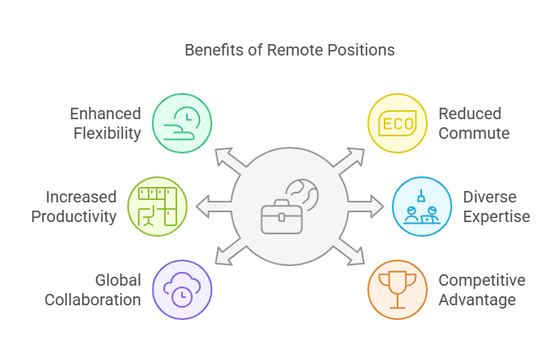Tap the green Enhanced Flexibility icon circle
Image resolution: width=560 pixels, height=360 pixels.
pyautogui.click(x=182, y=122)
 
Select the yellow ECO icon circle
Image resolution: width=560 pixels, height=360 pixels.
pyautogui.click(x=397, y=122)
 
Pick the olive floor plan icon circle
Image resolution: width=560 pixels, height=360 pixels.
pyautogui.click(x=158, y=206)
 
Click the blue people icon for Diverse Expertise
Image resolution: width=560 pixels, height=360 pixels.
pyautogui.click(x=421, y=207)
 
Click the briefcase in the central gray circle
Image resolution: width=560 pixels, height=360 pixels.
pyautogui.click(x=281, y=217)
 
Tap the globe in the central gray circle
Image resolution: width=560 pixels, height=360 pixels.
pyautogui.click(x=302, y=195)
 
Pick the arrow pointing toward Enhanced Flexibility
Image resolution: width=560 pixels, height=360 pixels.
pyautogui.click(x=228, y=161)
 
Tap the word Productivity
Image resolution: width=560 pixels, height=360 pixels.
pyautogui.click(x=79, y=216)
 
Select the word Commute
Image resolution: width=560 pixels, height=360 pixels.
pyautogui.click(x=473, y=132)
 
